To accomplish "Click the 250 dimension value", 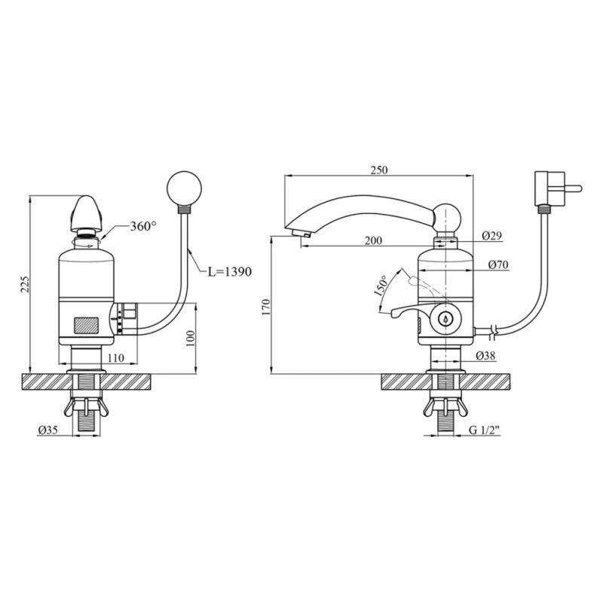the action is click(379, 170).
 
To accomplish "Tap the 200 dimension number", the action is click(373, 240).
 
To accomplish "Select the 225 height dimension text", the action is click(25, 284).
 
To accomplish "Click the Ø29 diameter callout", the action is click(492, 235).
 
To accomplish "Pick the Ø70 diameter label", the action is click(498, 265).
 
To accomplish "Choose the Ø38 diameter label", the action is click(485, 356).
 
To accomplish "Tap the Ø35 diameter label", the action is click(47, 430).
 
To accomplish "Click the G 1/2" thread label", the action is click(484, 430).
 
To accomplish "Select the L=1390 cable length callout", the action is click(230, 271).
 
